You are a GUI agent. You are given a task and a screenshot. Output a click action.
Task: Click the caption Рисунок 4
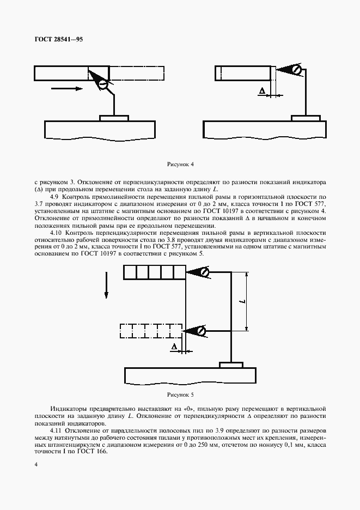tap(180, 163)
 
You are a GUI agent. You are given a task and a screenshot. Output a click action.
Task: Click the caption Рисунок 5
tap(180, 394)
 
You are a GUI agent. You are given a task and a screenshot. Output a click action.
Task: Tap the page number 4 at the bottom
tap(36, 464)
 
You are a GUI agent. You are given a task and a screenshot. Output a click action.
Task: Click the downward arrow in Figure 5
tap(106, 286)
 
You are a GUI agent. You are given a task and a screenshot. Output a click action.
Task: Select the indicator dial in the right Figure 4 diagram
tap(296, 70)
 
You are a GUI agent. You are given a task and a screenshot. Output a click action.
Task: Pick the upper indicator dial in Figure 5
tap(202, 272)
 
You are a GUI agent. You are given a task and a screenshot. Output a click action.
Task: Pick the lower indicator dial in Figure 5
tap(201, 330)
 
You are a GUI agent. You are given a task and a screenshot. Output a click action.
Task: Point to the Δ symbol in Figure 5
tap(174, 347)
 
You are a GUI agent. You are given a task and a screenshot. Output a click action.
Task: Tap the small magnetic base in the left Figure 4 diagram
tap(114, 118)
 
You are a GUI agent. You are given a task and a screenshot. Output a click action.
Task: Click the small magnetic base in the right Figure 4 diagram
tap(306, 118)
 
